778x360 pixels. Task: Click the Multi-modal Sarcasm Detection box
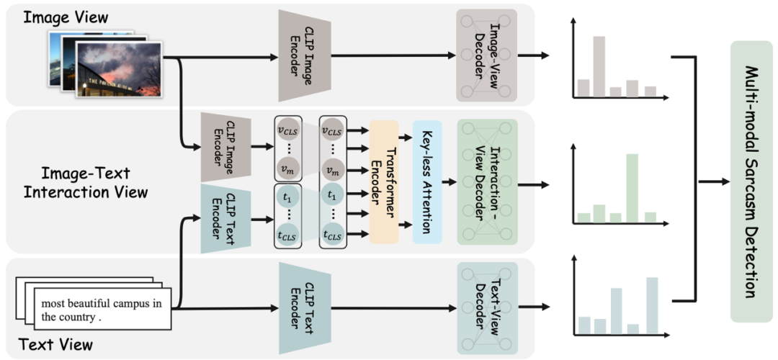[x=751, y=181]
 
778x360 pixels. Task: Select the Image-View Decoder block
[x=487, y=55]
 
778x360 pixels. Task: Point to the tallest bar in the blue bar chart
[x=652, y=307]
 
